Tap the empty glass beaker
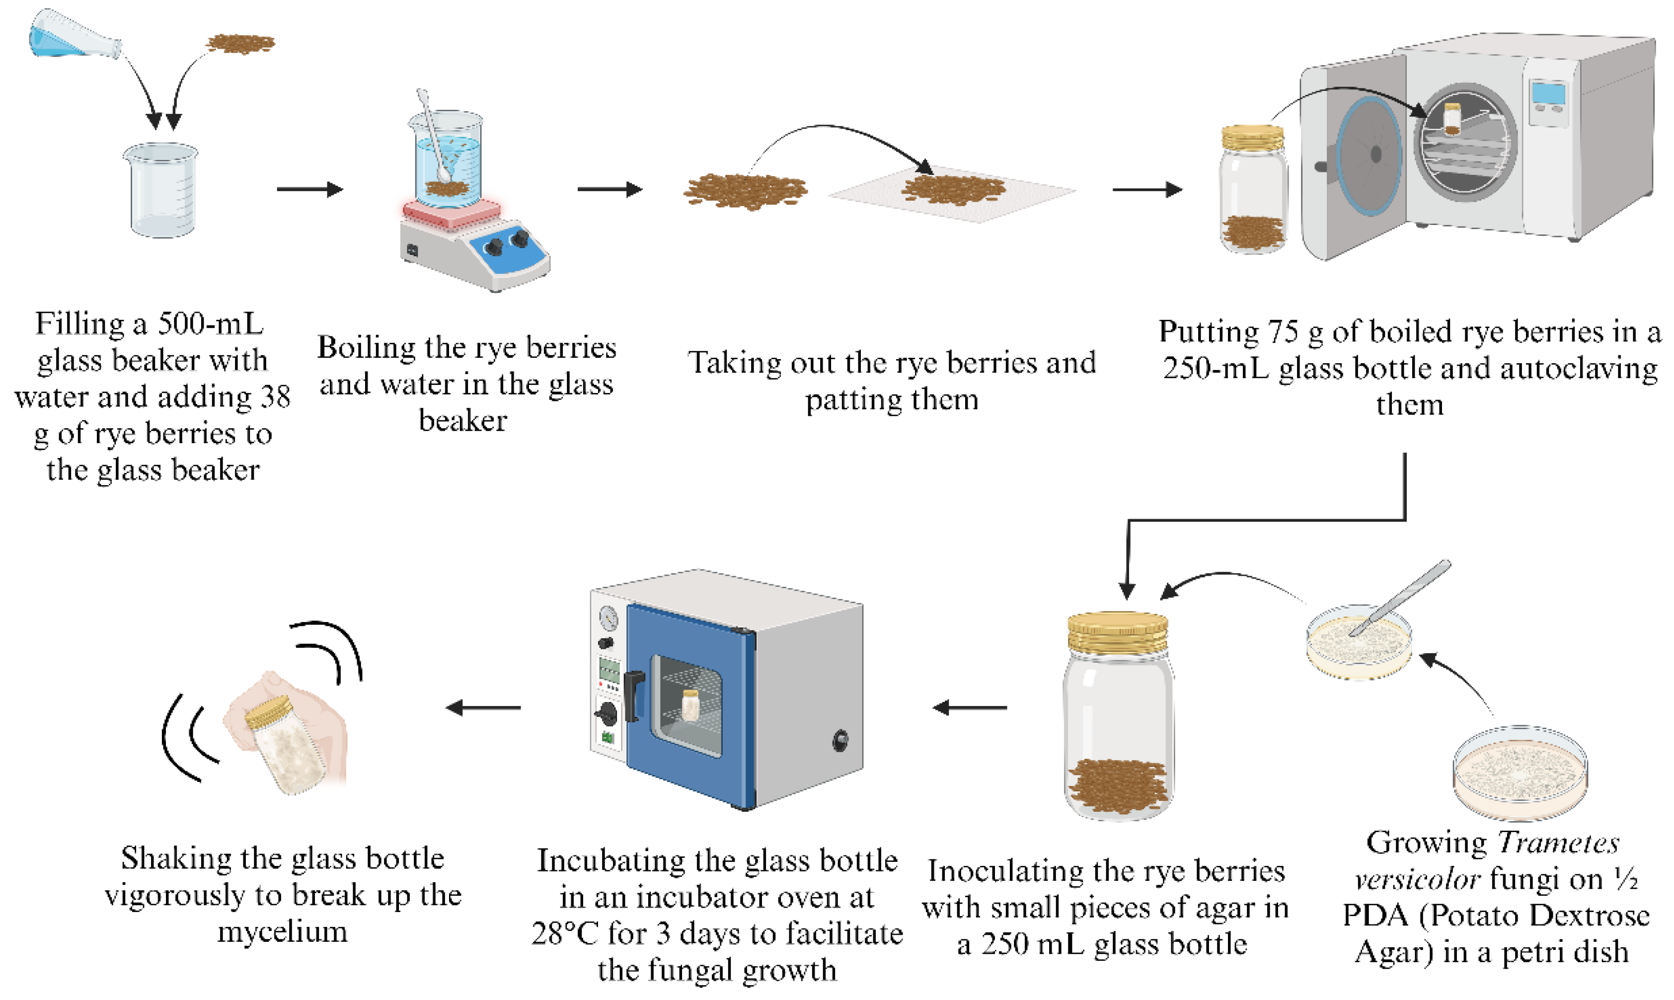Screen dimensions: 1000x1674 [x=161, y=190]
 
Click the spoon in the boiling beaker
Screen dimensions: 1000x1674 [x=432, y=135]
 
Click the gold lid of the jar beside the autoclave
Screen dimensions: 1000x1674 [x=1252, y=138]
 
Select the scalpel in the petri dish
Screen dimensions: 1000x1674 [x=1401, y=596]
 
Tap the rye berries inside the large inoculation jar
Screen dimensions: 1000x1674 [x=1118, y=784]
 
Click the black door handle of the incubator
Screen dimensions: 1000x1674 [x=634, y=693]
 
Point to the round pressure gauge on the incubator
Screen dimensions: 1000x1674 [x=609, y=616]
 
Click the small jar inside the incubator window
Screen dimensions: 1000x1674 [x=690, y=705]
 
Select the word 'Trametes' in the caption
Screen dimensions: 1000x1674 [x=1559, y=843]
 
